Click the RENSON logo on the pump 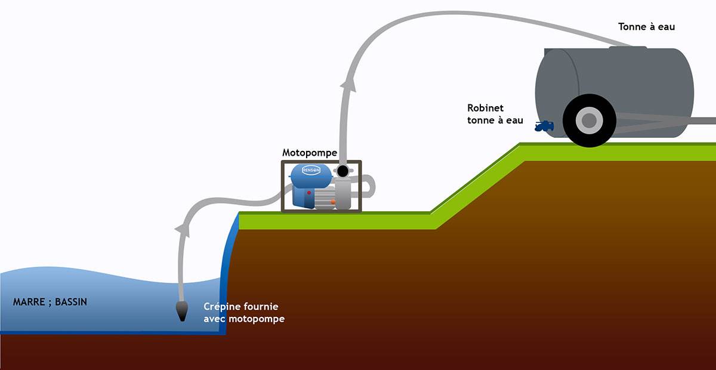311,169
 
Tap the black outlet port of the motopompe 342,172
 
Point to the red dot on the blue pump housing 307,193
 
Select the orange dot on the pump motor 333,202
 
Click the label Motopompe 310,153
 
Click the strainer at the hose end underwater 181,310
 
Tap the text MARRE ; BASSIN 50,302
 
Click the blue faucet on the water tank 544,126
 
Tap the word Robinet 486,108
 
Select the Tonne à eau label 646,27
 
